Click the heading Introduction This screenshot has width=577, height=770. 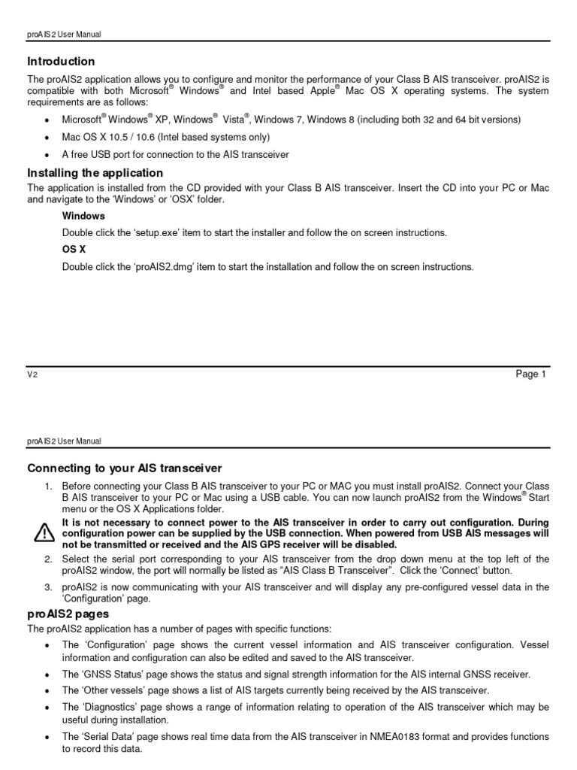(x=62, y=62)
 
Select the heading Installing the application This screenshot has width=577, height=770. (x=95, y=173)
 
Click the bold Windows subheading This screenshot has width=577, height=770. (x=83, y=216)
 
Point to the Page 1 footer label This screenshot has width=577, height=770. (x=531, y=374)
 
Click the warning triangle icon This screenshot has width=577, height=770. (x=44, y=533)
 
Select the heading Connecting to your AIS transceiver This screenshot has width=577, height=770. (x=125, y=468)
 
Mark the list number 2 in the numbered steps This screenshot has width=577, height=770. (x=47, y=559)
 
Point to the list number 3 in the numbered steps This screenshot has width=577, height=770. (x=47, y=587)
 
